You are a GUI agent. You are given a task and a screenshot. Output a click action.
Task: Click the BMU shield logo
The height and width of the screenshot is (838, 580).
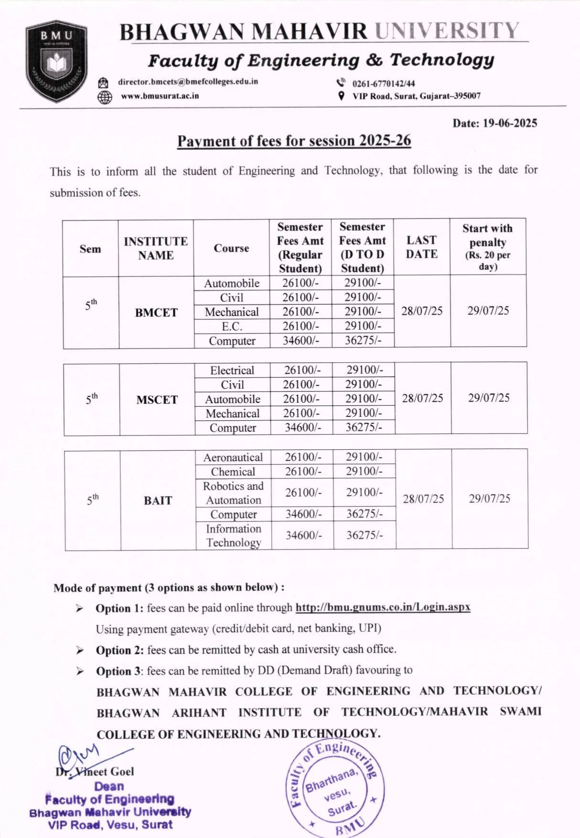pos(57,61)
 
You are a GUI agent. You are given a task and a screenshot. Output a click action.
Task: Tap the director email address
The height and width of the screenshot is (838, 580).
pos(188,82)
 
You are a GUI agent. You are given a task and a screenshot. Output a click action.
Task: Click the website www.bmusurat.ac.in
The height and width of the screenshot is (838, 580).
pos(159,96)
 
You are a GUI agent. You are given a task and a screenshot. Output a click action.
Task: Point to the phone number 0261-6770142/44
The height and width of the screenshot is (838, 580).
pos(383,84)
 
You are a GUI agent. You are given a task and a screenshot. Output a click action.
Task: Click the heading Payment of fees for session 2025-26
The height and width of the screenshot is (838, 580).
pos(294,141)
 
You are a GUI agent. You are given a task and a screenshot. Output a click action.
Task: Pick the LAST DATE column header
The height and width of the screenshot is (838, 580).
pos(422,247)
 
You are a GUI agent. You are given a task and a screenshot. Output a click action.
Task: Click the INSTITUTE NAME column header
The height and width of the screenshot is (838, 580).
pos(156,248)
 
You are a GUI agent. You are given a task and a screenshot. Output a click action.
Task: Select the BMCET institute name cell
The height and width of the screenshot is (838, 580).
pos(156,313)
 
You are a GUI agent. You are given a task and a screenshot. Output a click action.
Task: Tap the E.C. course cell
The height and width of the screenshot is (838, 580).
pos(232,327)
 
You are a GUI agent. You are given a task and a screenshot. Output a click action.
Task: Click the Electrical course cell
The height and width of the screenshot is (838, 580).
pos(232,370)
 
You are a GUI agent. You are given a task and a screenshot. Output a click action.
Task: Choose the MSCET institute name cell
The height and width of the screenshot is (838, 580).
pos(157,400)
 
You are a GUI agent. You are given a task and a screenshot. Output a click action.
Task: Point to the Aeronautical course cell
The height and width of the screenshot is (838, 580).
pos(233,457)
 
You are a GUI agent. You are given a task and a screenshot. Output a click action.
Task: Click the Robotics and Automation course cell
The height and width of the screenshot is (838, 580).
pos(233,493)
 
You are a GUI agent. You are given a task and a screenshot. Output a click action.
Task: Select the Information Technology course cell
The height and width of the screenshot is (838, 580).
pos(233,536)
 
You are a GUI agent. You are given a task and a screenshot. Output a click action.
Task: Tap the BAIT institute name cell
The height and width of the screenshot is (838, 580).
pos(158,500)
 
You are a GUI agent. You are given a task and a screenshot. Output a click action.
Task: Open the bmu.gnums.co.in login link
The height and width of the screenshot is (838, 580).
pos(383,607)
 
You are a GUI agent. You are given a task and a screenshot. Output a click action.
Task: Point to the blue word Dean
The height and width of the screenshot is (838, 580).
pos(109,786)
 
